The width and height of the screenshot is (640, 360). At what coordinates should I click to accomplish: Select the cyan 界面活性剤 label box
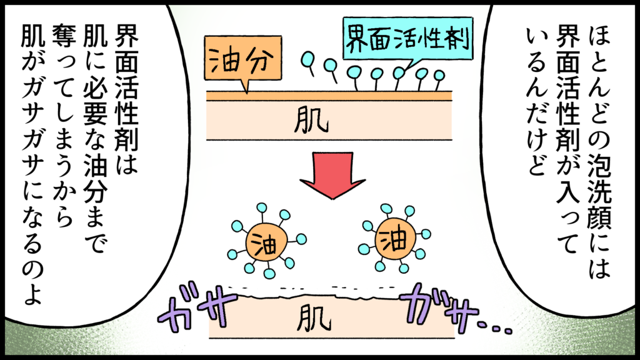click(407, 37)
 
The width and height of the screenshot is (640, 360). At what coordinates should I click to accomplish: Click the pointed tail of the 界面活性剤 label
click(407, 66)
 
